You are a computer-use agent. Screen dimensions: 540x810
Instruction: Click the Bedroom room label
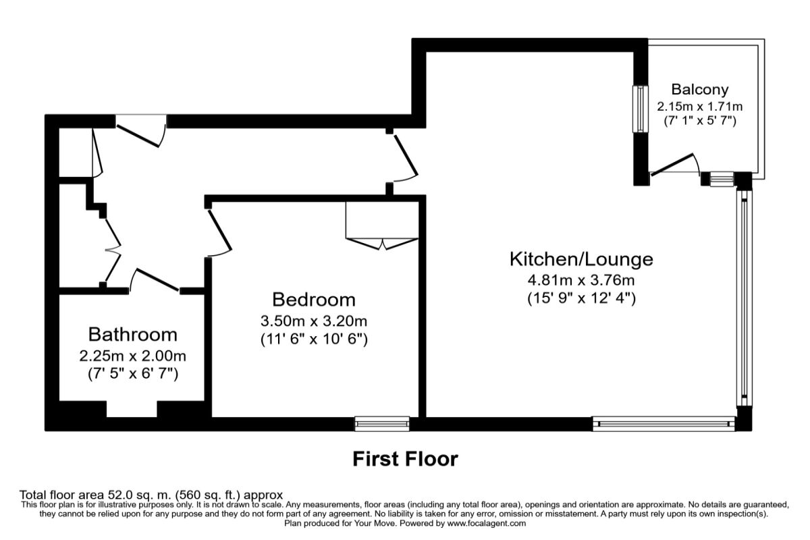coord(314,299)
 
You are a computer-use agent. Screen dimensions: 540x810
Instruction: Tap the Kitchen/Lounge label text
coord(580,259)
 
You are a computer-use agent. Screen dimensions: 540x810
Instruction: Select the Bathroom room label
coord(133,334)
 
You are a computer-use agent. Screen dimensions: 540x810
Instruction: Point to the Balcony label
coord(700,89)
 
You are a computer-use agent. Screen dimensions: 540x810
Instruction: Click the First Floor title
coord(405,460)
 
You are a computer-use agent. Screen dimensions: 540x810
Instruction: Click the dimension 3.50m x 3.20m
coord(314,320)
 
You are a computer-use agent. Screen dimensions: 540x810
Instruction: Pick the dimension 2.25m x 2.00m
coord(133,355)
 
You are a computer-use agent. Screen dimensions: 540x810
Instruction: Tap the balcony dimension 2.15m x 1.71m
coord(700,107)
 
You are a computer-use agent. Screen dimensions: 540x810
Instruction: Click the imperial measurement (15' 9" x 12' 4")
coord(580,298)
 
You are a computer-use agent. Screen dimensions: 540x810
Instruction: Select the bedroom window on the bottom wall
coord(383,423)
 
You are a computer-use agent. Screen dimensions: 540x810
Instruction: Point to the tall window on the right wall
coord(742,297)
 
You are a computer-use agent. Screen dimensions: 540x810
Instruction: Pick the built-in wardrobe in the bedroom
coord(382,223)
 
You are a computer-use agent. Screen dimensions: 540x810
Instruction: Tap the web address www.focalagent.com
coord(486,523)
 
